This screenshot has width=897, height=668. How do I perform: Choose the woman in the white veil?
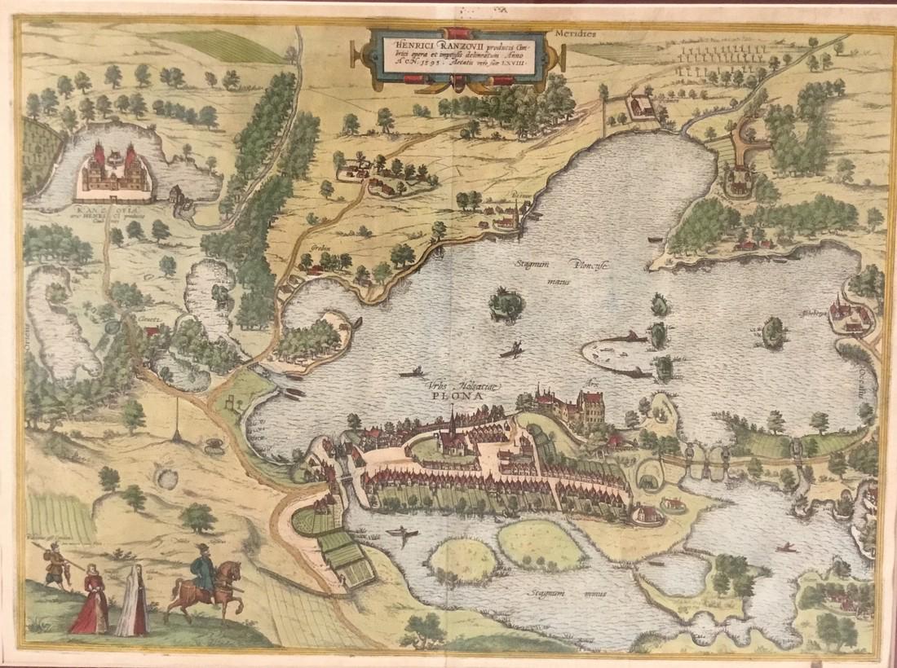[132, 603]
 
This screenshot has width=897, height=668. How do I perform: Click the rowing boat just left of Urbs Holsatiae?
[411, 374]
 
